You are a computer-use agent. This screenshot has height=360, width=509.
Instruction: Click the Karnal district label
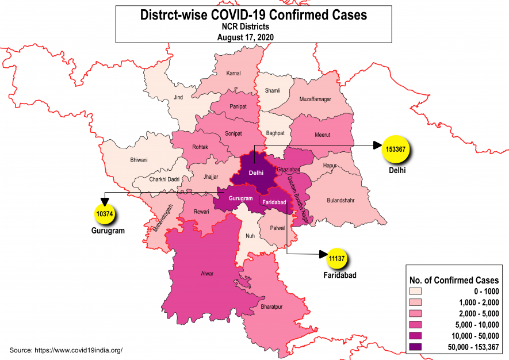tap(233, 74)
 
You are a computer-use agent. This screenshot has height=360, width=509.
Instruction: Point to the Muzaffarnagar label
tap(315, 99)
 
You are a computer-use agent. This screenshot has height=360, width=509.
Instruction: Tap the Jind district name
tap(178, 98)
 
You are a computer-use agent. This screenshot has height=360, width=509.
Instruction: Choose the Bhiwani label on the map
tap(139, 159)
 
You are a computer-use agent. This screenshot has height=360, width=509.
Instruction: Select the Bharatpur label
tap(272, 307)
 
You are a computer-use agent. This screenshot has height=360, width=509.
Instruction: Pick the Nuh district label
tap(250, 235)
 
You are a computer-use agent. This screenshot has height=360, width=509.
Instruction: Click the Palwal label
tap(277, 228)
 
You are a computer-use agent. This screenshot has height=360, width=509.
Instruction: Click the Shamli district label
tap(272, 91)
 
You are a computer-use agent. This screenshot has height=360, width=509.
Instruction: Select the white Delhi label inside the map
tap(256, 172)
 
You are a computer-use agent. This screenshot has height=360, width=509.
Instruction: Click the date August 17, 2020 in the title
tap(245, 37)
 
